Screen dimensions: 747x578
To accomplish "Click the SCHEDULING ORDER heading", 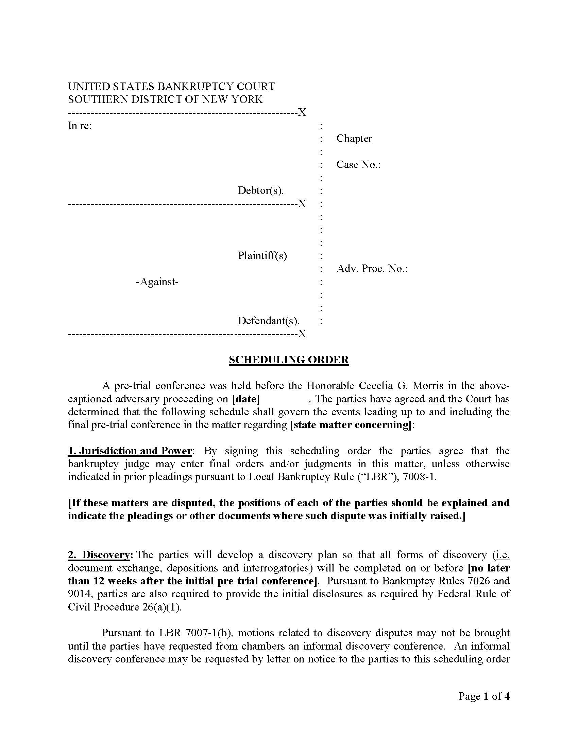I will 289,360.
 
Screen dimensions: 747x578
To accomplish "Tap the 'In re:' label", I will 80,126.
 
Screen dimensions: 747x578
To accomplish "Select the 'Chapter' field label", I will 354,139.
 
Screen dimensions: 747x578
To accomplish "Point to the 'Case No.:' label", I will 358,165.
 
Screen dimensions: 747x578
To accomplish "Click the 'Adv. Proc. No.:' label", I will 372,269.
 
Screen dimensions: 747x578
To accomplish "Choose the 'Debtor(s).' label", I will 261,190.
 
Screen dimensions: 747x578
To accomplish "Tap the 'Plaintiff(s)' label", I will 262,255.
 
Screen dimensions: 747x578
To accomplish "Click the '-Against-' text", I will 157,282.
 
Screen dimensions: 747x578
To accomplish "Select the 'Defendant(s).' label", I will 269,321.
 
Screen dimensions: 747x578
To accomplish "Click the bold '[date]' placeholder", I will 245,399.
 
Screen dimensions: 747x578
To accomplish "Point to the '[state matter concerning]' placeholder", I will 350,425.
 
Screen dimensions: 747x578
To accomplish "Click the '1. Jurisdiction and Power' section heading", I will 130,451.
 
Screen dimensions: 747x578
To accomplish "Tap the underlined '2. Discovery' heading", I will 99,555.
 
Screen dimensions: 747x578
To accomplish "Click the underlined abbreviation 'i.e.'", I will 502,555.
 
